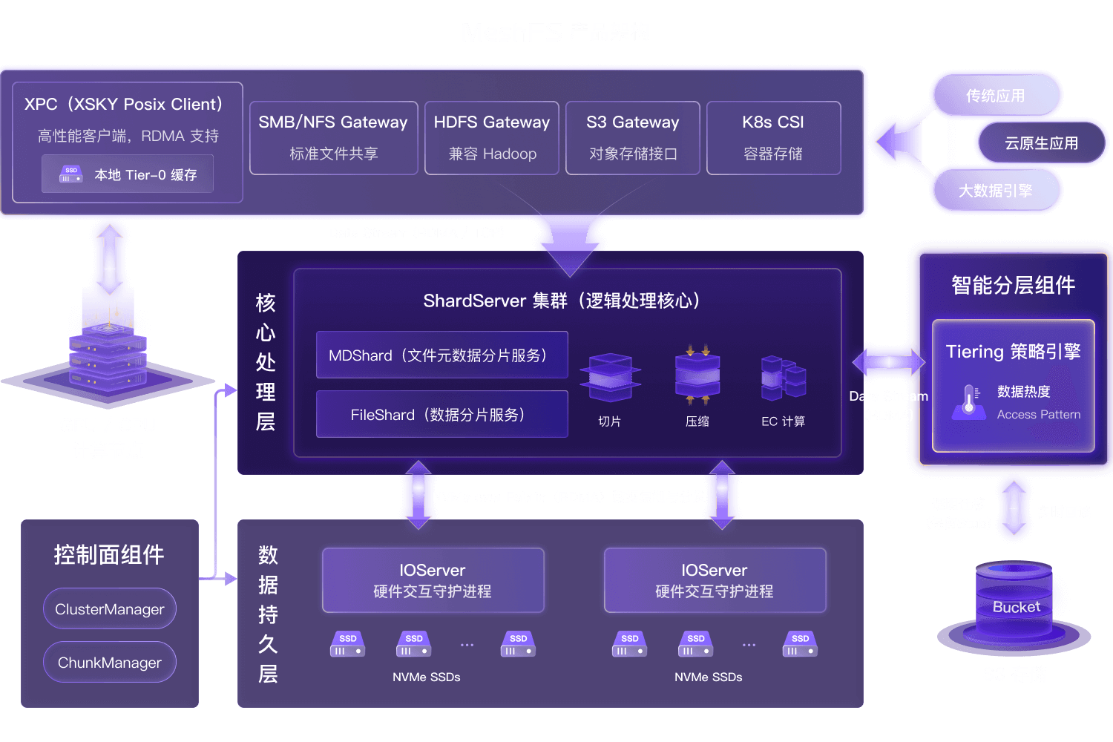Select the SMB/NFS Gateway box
333,138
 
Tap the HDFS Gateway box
491,138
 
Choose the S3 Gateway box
632,138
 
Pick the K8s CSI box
773,138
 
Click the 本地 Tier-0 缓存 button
128,174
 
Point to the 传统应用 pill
995,96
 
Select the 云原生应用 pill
1041,143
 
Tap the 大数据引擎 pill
995,191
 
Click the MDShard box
441,355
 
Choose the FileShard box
441,415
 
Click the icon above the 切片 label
610,378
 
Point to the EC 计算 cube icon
783,378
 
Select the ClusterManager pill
110,609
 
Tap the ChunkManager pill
110,663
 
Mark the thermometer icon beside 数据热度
968,401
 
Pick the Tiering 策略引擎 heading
1013,352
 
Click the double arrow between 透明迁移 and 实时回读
1014,509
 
